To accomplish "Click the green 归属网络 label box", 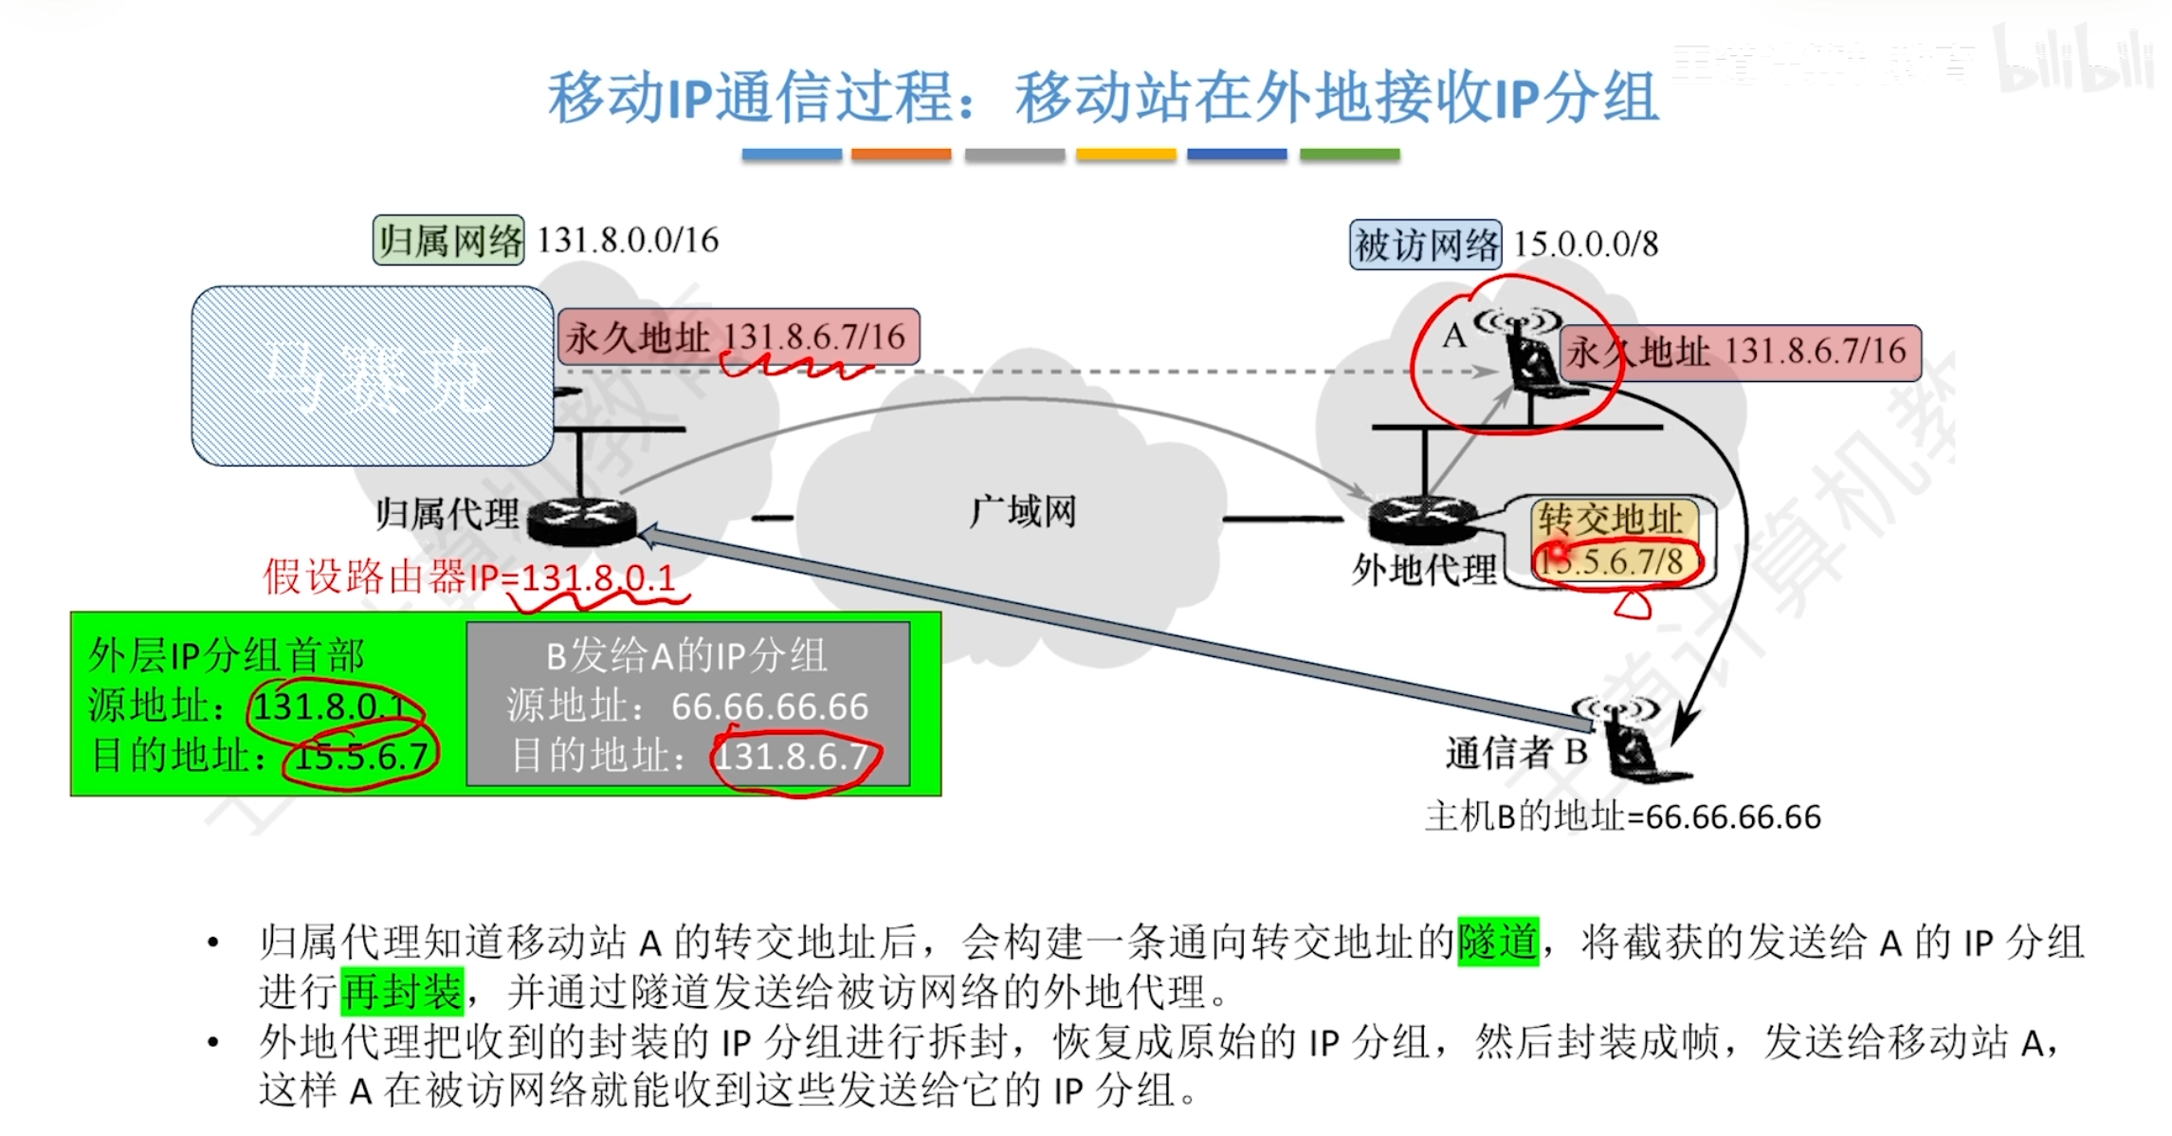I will [448, 241].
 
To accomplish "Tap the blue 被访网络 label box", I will [1425, 245].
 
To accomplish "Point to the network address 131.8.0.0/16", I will [628, 241].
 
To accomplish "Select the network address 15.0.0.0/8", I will [1585, 245].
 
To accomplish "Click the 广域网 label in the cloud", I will [1022, 512].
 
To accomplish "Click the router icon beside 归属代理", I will [581, 519].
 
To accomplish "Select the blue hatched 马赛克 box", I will [373, 376].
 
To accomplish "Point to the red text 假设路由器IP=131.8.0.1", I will [469, 577].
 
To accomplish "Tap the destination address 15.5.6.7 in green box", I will [361, 756].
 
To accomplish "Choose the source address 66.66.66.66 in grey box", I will [769, 706].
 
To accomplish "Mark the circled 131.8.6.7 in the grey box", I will [793, 757].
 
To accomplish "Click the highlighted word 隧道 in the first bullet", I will [1497, 942].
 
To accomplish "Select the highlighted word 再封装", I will [402, 992].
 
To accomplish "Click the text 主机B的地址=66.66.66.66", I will [1622, 816].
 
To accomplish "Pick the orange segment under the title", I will [901, 155].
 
